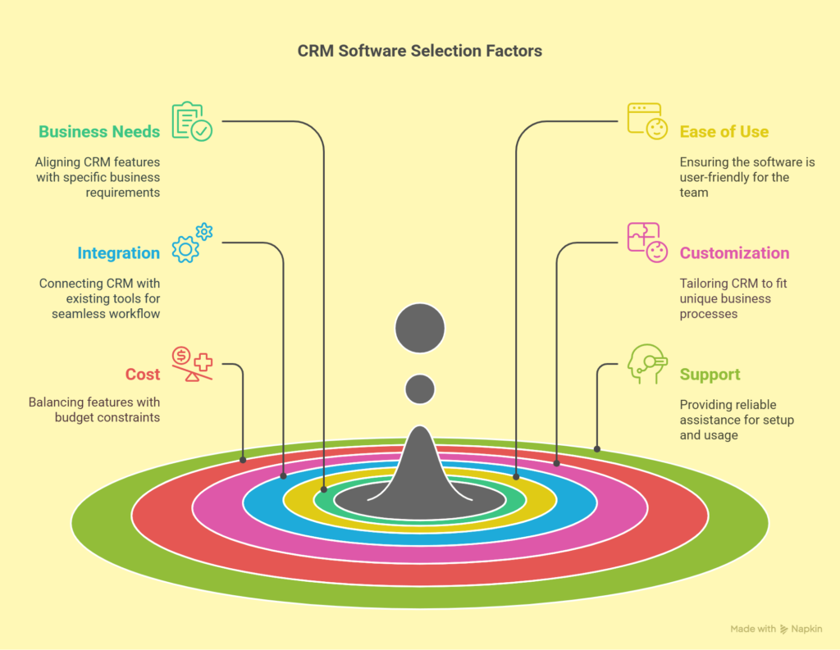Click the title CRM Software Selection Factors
click(x=419, y=51)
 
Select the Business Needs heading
click(x=99, y=132)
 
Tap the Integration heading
click(x=118, y=252)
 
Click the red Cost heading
click(x=143, y=375)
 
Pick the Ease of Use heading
click(x=724, y=132)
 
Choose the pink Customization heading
click(x=734, y=252)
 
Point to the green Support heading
click(x=710, y=375)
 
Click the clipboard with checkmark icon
click(x=192, y=121)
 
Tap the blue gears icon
click(x=192, y=243)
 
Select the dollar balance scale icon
click(x=192, y=364)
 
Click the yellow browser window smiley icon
click(x=647, y=121)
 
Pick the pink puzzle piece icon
click(x=647, y=243)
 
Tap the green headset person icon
click(x=647, y=364)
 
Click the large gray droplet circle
click(x=420, y=328)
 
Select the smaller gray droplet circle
click(x=420, y=389)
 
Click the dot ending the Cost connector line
click(x=243, y=460)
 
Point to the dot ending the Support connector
click(x=597, y=449)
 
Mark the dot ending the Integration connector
click(x=283, y=476)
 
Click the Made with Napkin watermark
click(x=776, y=630)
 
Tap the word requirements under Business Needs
click(x=123, y=193)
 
